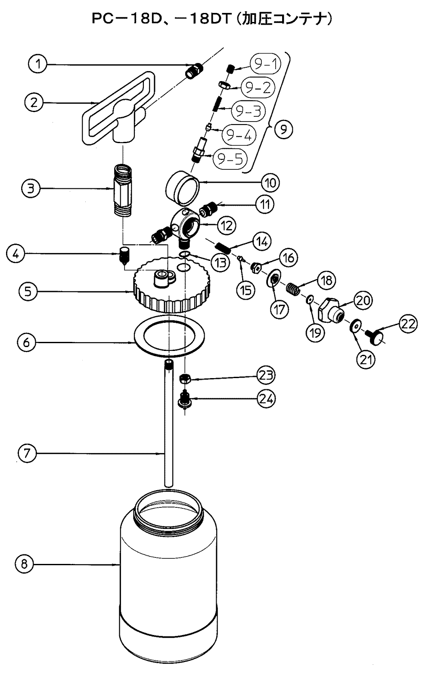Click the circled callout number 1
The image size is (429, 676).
point(39,64)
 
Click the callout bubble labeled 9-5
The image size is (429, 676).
point(229,159)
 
